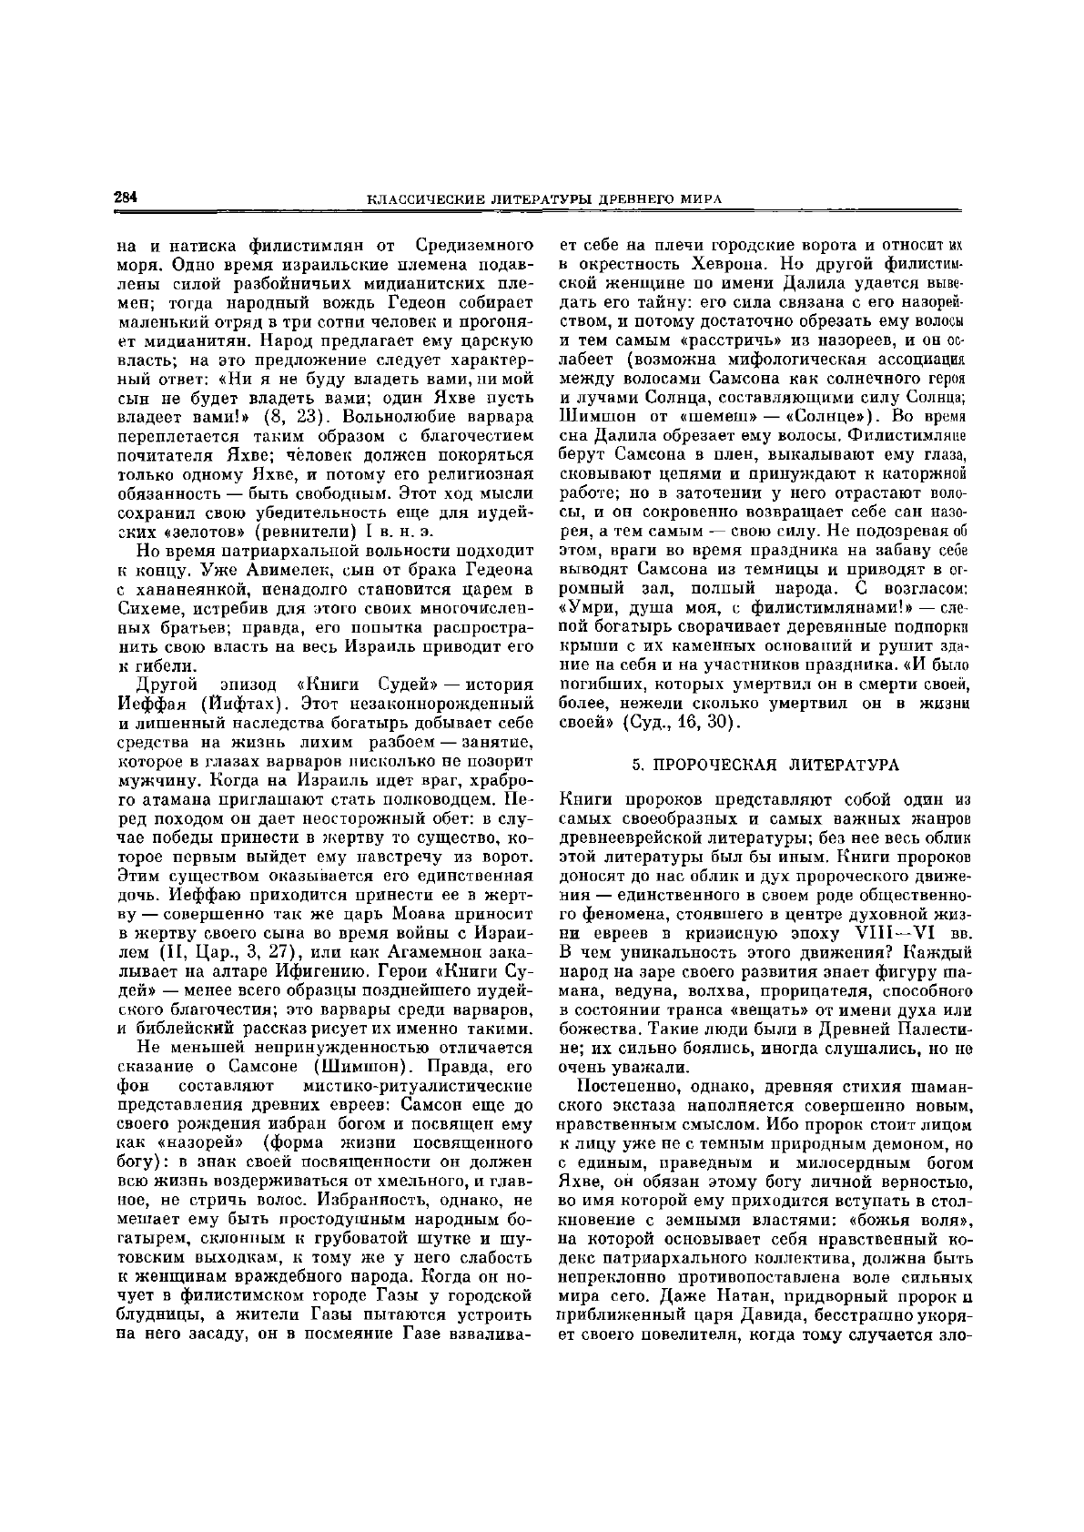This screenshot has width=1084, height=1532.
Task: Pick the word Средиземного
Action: (x=474, y=246)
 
